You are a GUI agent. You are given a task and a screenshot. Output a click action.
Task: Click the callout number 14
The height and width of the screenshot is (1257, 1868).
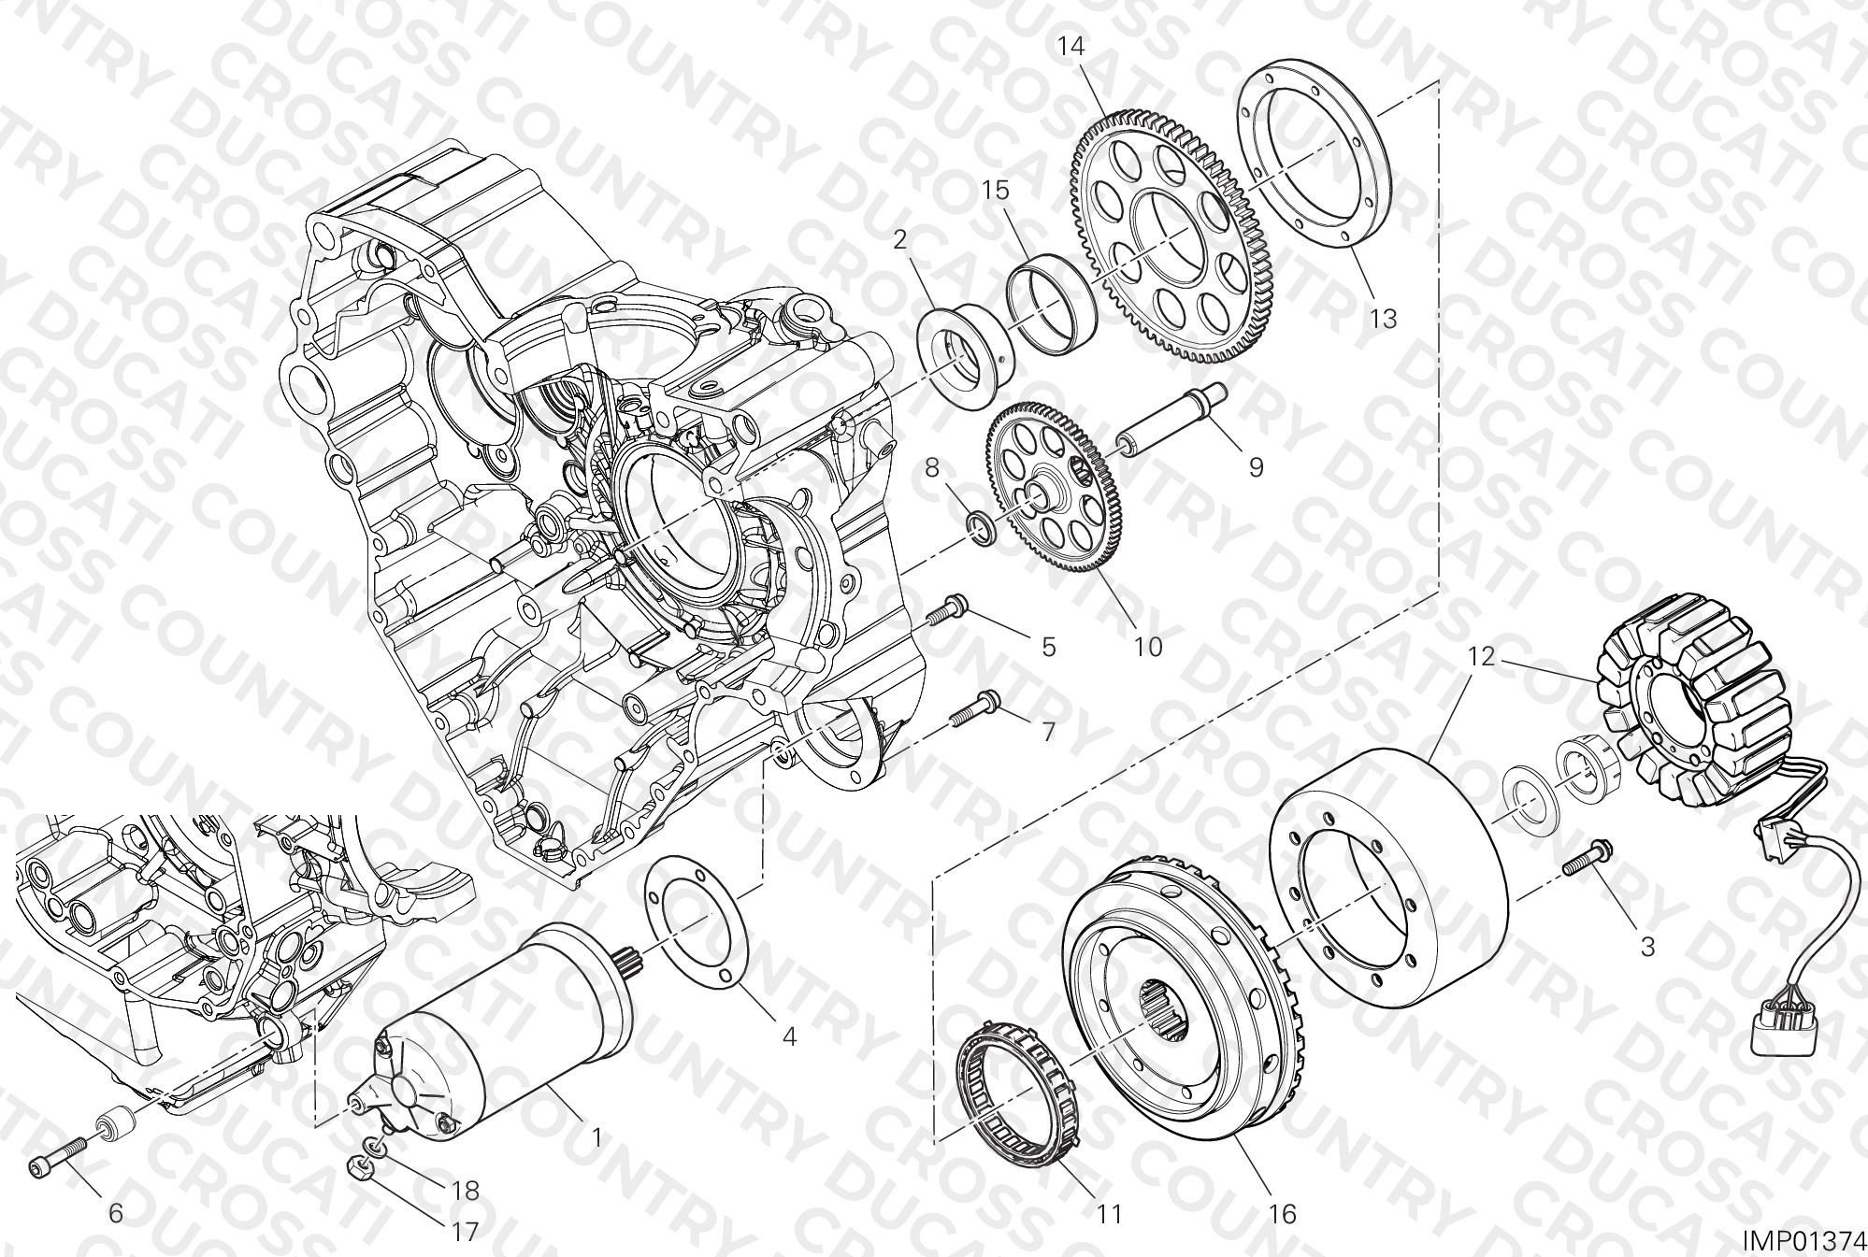(x=1071, y=46)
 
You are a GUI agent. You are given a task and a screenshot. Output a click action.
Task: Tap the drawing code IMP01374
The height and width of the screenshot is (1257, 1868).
(x=1802, y=1239)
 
